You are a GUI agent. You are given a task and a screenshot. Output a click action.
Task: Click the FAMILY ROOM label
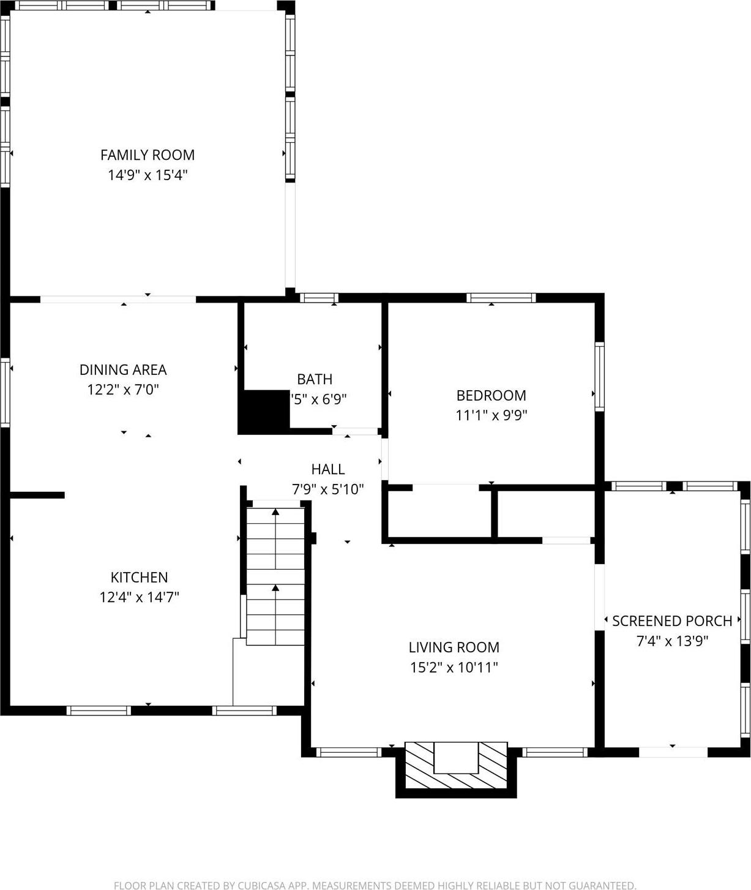(148, 155)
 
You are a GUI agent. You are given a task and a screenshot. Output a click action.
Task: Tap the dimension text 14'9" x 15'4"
(148, 175)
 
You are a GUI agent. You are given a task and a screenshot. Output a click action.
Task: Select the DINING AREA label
(123, 369)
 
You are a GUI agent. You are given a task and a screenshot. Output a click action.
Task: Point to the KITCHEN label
(139, 577)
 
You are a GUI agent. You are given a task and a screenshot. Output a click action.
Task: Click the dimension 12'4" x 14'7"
(139, 597)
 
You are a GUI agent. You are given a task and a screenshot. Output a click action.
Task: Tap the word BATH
(315, 379)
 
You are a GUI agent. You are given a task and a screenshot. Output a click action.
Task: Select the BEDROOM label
(491, 395)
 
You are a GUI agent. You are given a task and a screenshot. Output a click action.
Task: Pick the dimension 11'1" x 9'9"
(491, 415)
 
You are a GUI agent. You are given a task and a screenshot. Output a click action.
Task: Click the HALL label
(328, 469)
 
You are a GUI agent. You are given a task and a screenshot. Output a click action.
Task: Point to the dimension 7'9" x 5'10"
(328, 489)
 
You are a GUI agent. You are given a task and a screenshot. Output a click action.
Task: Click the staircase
(275, 573)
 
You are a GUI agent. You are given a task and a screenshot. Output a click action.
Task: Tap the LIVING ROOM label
(454, 647)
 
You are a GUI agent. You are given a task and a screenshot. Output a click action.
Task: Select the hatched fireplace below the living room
(456, 766)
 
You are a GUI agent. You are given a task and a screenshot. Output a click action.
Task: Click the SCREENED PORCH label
(672, 621)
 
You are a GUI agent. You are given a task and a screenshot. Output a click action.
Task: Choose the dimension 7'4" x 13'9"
(672, 641)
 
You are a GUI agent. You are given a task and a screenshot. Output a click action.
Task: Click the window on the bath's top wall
(319, 298)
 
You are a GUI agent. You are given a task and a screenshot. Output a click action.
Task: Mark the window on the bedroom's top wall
(501, 298)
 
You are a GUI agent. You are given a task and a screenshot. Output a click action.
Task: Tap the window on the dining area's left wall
(6, 392)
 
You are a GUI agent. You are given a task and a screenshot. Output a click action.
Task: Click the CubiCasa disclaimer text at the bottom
(375, 885)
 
